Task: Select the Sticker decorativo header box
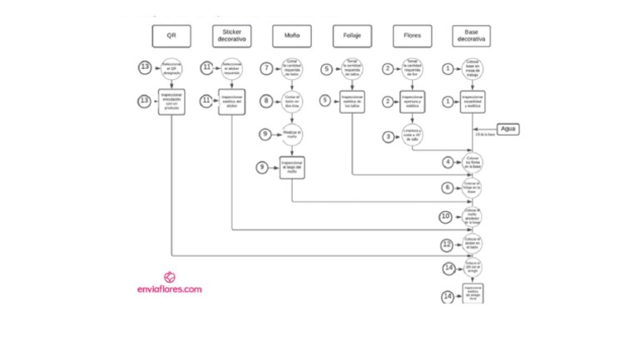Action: (231, 37)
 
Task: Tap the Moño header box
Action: (292, 37)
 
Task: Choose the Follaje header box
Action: (352, 37)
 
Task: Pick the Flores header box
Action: (412, 37)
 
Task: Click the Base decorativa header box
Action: (472, 37)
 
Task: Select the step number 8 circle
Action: (266, 100)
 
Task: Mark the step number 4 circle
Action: (448, 161)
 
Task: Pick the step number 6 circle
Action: (448, 189)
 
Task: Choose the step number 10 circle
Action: (446, 216)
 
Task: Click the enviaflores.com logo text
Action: (170, 290)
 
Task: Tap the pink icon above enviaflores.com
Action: (170, 277)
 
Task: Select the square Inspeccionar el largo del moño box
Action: (292, 168)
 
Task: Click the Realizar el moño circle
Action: (292, 133)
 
